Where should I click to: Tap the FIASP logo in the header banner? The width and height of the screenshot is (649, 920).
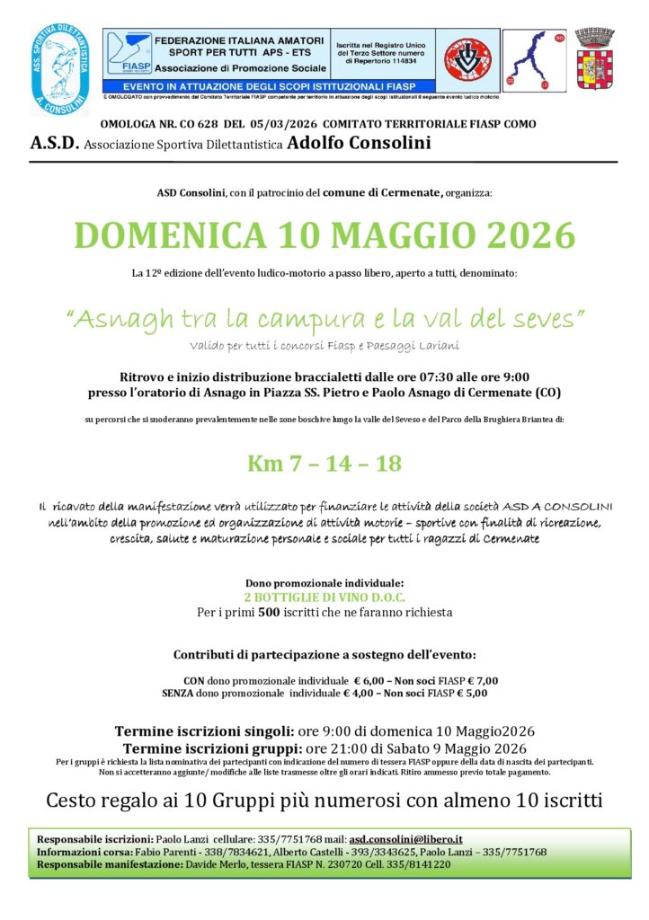point(129,55)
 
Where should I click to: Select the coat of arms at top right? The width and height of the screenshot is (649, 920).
point(593,60)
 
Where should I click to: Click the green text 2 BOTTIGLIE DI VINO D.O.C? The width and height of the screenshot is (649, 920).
point(324,597)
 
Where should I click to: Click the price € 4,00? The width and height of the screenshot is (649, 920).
point(361,694)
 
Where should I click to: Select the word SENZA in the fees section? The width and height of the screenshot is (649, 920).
point(178,694)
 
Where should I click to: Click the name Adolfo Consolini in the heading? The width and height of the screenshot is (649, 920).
point(360,143)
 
